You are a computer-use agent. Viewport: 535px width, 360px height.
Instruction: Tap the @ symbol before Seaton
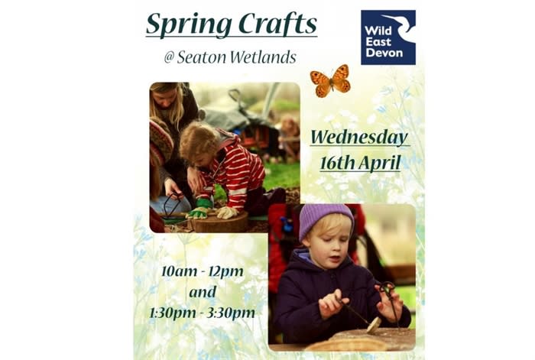click(169, 58)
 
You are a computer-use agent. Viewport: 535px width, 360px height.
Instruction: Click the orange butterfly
click(330, 79)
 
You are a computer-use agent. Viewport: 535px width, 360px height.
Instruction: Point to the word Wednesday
click(359, 138)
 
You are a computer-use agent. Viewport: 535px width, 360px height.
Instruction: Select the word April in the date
click(382, 163)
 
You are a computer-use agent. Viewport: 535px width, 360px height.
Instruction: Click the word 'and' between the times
click(203, 292)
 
